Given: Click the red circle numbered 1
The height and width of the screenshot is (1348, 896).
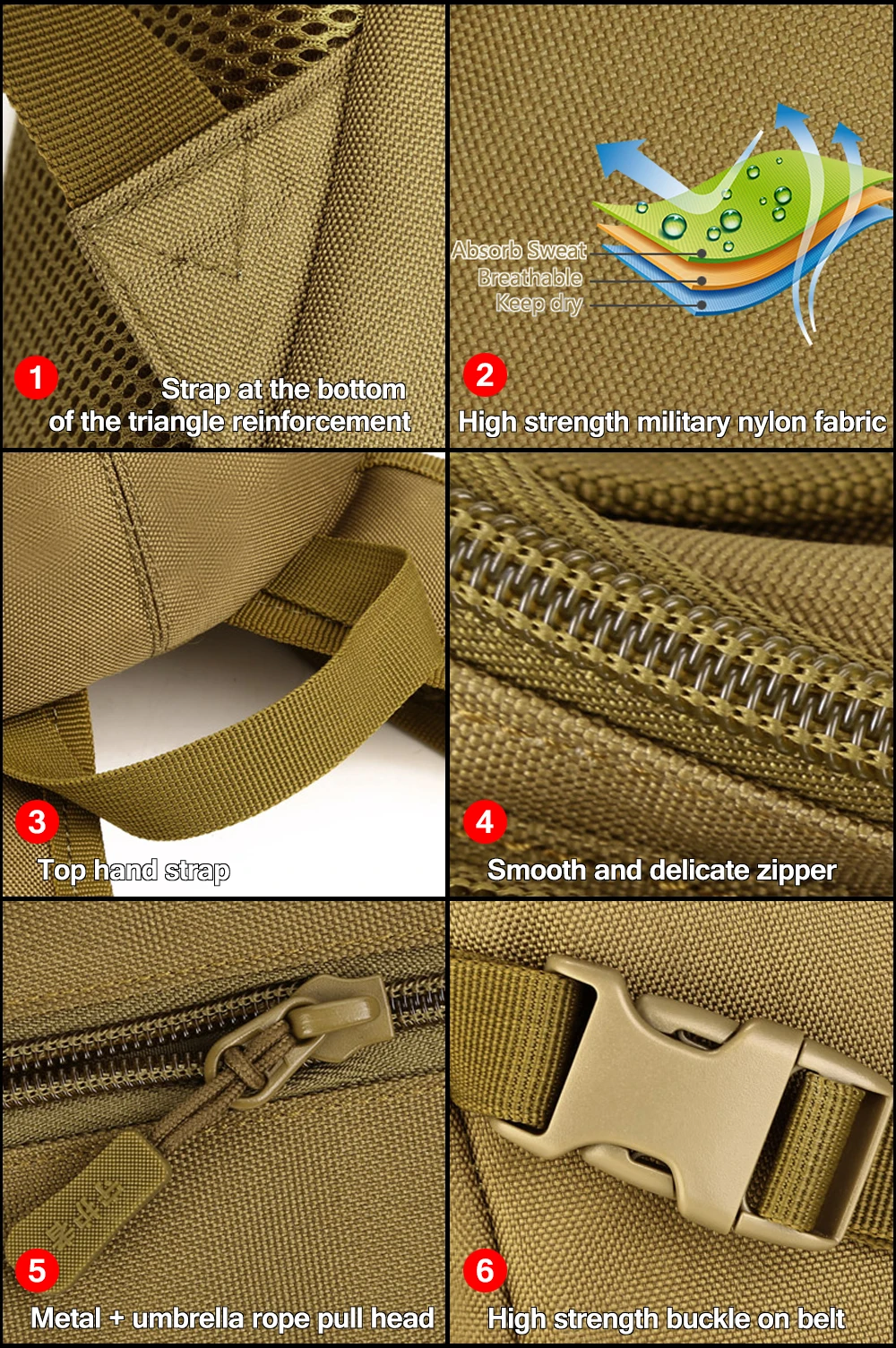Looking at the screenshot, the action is [36, 378].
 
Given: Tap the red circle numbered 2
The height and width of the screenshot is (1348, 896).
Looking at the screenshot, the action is [485, 375].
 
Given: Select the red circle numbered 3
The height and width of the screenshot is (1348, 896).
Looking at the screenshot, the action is [37, 822].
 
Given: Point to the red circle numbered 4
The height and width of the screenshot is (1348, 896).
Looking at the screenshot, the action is [485, 822].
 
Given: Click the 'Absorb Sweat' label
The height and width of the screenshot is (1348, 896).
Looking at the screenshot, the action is [519, 251].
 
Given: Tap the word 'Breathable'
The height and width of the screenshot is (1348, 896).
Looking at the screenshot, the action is [530, 278].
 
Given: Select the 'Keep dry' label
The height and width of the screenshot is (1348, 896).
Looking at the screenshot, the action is [538, 304].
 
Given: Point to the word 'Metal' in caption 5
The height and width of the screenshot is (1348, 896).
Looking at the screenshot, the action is [66, 1318].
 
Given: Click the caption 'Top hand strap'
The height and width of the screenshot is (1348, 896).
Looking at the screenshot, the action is [134, 871].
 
